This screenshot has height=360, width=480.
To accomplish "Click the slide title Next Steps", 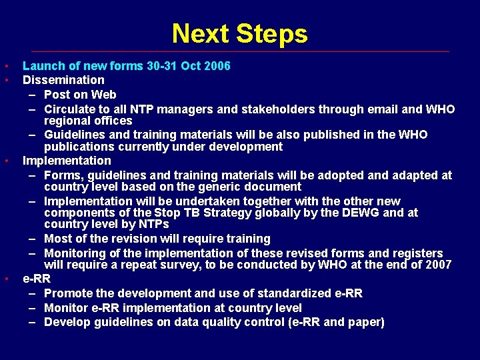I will (x=239, y=33).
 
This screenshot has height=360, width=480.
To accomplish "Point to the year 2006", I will (x=217, y=66).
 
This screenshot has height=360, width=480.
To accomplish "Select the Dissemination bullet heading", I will (x=63, y=80).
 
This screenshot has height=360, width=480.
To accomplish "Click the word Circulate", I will (x=70, y=109).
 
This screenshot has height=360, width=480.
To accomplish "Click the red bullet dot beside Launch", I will (x=5, y=66).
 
